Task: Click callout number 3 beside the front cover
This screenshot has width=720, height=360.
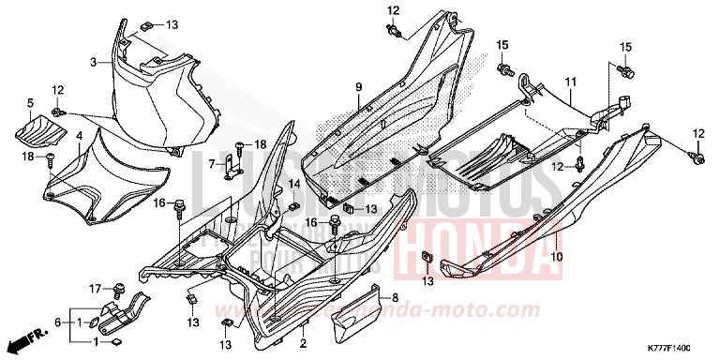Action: coord(94,62)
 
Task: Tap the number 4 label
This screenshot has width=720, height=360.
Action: coord(79,137)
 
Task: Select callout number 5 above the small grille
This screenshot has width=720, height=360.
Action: coord(29,103)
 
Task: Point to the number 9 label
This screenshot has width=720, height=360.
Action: coord(357,87)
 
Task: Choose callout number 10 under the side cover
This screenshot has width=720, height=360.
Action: coord(557,256)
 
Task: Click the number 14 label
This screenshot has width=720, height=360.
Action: coord(293,184)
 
